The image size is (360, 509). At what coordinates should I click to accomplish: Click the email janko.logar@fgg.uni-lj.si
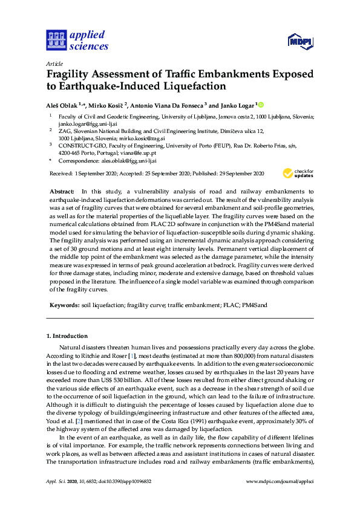79,124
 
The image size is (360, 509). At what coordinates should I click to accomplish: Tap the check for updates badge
298,173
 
